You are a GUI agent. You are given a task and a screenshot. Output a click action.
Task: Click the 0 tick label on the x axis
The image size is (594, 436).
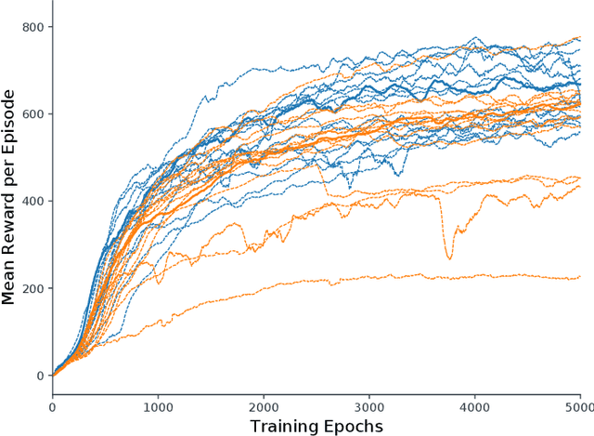[x=52, y=406]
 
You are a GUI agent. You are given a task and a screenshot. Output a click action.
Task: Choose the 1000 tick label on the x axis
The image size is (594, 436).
[x=158, y=406]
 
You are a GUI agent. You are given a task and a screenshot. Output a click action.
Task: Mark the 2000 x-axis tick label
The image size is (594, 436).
[x=264, y=406]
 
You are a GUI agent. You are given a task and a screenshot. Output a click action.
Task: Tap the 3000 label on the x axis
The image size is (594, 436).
[x=369, y=406]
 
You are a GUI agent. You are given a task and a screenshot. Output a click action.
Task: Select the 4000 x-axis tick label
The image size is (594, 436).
[x=475, y=406]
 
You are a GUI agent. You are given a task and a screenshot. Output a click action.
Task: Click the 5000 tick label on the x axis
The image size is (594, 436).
[x=579, y=406]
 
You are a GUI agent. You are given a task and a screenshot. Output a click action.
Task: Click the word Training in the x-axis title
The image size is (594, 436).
[x=287, y=426]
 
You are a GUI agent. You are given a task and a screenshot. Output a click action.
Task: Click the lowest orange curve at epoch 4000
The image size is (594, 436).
[x=475, y=275]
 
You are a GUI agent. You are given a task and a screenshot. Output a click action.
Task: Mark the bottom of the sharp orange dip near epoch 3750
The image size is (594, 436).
[x=449, y=258]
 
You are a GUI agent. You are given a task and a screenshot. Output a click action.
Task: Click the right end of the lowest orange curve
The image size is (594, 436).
[x=580, y=277]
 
